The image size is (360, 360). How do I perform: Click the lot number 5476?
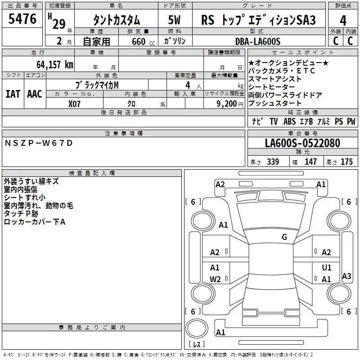(22, 19)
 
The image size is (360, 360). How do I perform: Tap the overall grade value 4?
(343, 21)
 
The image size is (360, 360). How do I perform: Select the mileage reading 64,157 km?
(55, 64)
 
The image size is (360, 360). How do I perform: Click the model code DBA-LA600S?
(258, 41)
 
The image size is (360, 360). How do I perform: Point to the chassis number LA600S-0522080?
(302, 143)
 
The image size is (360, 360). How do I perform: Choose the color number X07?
(74, 104)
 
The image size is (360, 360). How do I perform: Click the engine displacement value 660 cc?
(143, 41)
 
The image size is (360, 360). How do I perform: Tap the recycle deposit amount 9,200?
(226, 104)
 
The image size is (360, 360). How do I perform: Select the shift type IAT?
(13, 94)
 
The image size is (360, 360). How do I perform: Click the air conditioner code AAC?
(35, 94)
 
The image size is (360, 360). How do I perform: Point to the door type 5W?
(174, 20)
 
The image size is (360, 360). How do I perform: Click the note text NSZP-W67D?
(39, 143)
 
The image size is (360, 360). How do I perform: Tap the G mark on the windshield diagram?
(284, 237)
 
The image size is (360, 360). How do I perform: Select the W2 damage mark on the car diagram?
(215, 279)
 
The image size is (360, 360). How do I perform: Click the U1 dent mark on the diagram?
(327, 267)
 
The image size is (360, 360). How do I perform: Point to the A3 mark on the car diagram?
(346, 276)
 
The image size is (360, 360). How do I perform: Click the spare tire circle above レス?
(197, 328)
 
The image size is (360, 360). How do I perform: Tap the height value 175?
(346, 162)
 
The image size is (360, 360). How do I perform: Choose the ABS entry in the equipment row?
(289, 121)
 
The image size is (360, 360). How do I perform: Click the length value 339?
(273, 162)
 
